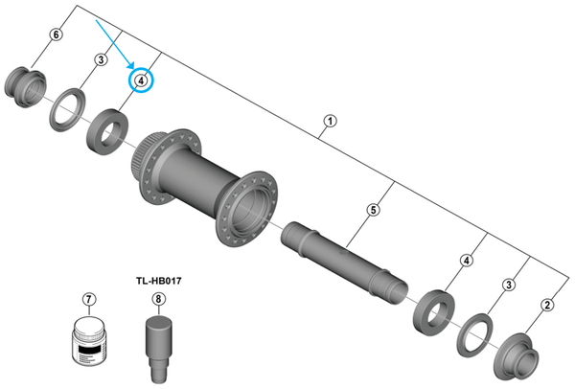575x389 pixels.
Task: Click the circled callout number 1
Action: click(330, 121)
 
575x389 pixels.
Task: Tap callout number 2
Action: click(547, 306)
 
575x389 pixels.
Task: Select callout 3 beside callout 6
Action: click(100, 60)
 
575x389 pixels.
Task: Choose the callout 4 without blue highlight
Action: click(467, 261)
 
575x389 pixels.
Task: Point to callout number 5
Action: click(374, 210)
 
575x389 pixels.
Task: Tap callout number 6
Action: click(56, 35)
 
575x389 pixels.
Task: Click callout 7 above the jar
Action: click(90, 299)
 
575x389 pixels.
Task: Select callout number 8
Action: click(157, 299)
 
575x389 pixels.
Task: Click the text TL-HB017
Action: click(157, 282)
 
